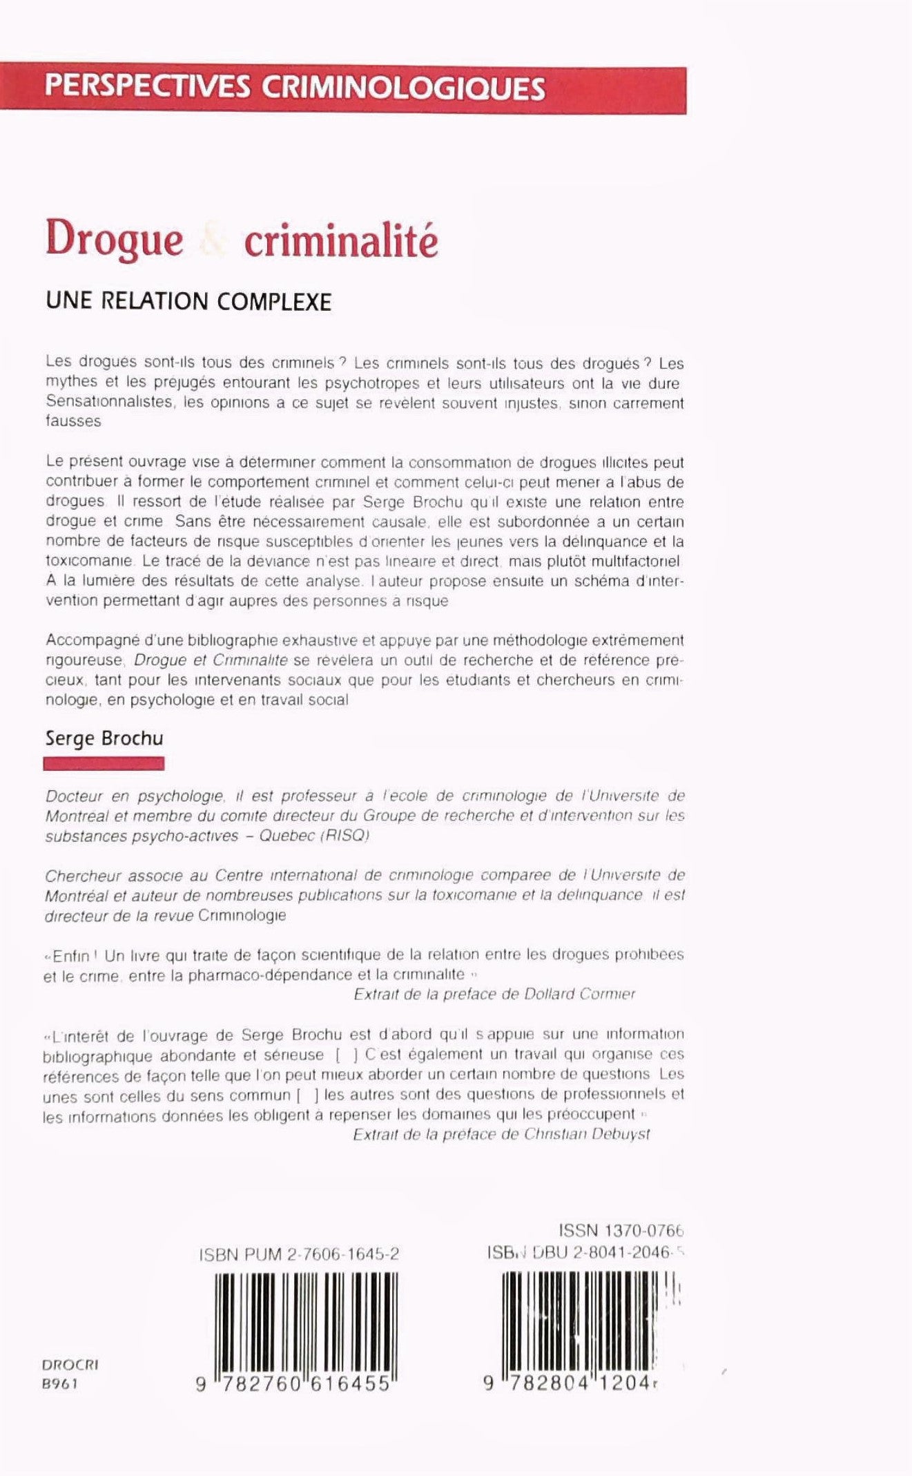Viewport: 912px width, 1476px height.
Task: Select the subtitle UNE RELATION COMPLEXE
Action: [x=188, y=302]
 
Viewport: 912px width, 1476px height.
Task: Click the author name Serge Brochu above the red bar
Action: [x=104, y=738]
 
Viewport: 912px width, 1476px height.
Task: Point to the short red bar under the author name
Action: [x=104, y=763]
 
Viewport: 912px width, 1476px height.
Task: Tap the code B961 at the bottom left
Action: [x=60, y=1383]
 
